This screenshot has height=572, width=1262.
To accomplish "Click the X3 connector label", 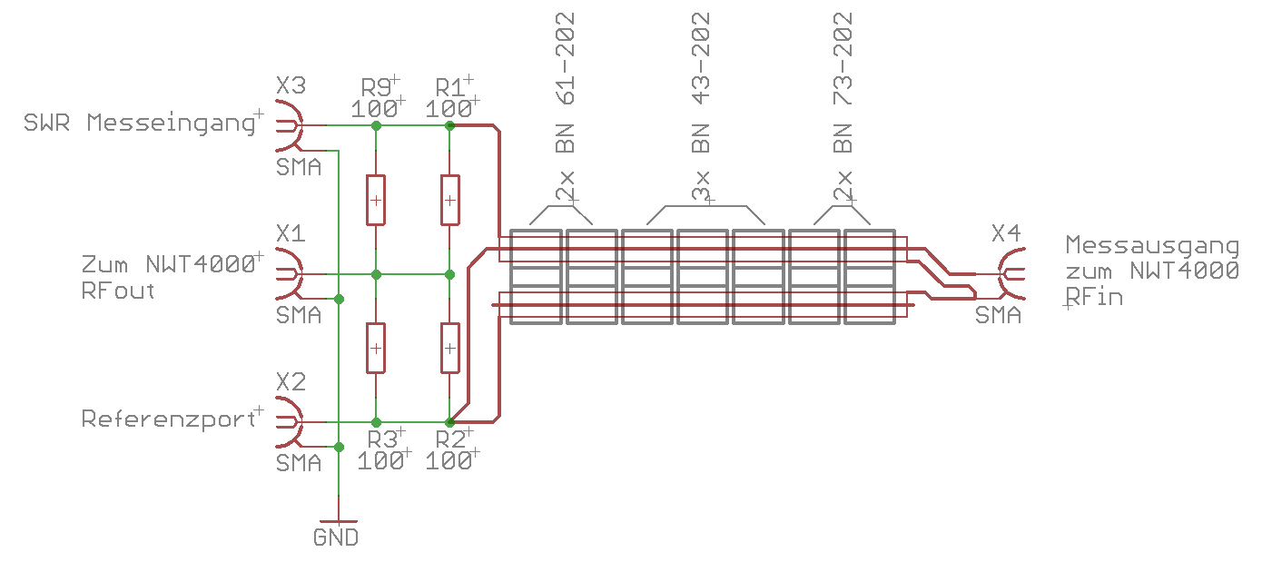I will [x=291, y=86].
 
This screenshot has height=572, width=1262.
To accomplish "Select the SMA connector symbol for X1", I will [x=289, y=272].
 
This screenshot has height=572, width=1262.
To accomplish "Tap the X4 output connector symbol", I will [x=1010, y=272].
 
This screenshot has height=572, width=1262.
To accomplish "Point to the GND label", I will [x=336, y=537].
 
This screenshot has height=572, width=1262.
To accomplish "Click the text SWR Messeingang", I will [x=137, y=123].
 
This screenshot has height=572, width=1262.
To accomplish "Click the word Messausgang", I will [x=1151, y=245].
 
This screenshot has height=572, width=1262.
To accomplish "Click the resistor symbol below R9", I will [x=376, y=200].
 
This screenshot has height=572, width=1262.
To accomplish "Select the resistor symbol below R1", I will [x=449, y=200].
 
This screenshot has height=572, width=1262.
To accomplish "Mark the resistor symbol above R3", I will [x=376, y=348].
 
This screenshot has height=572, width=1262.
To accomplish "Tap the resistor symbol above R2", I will [x=449, y=348].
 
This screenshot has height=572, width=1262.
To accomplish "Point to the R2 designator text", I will [x=450, y=439].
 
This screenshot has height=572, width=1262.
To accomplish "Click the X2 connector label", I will [x=291, y=381].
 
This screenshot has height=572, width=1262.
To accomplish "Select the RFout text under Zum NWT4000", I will [x=118, y=291].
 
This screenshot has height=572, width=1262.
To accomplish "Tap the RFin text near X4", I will [x=1094, y=296].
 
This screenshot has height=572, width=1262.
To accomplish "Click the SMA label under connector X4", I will [x=998, y=316].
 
